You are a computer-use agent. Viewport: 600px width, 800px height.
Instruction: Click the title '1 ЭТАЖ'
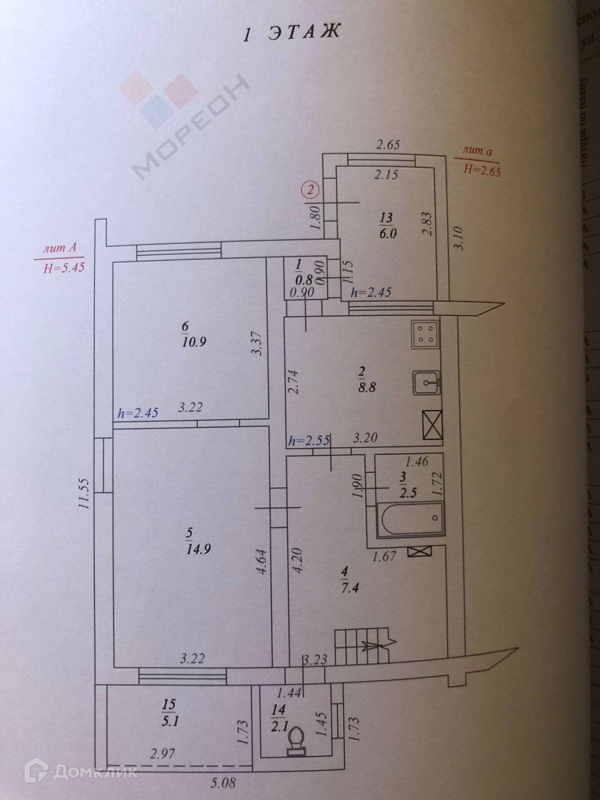point(290,32)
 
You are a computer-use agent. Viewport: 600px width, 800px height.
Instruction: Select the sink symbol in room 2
point(426,383)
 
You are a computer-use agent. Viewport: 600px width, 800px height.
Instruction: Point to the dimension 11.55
point(84,494)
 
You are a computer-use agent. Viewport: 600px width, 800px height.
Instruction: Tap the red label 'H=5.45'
point(64,268)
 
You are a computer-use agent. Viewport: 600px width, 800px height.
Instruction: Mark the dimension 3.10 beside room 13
point(460,237)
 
